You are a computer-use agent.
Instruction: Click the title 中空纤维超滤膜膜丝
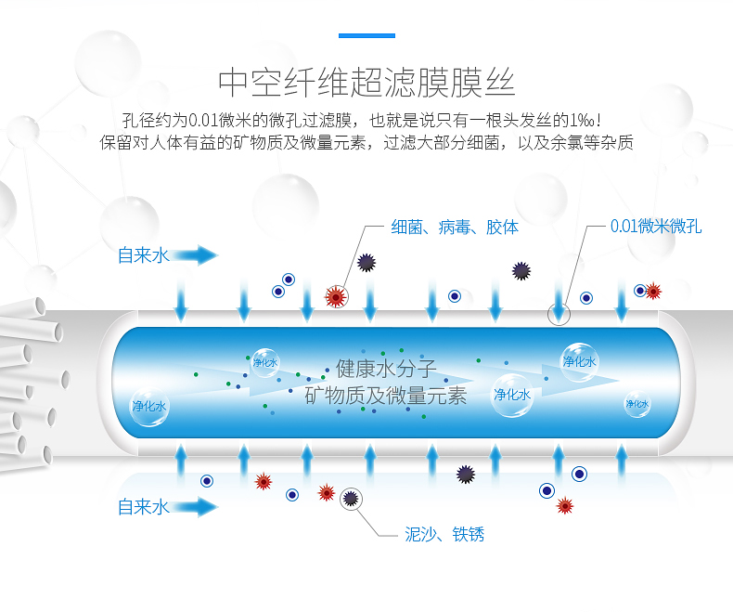click(366, 82)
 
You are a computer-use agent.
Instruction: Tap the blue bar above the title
click(366, 36)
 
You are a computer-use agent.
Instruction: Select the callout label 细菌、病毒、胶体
click(455, 227)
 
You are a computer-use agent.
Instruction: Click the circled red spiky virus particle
click(335, 296)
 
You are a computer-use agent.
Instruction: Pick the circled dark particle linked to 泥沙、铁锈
click(351, 499)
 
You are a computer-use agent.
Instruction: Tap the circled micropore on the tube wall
click(559, 313)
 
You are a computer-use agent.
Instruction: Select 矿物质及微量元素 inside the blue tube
click(386, 396)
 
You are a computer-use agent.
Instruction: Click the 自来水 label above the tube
click(144, 255)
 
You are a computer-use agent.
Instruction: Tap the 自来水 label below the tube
click(144, 507)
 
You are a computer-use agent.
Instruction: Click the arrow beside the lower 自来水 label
click(195, 507)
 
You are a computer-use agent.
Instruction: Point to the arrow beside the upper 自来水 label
click(195, 255)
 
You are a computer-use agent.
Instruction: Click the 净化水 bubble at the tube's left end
click(148, 406)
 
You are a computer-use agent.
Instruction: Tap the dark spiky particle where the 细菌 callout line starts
click(366, 263)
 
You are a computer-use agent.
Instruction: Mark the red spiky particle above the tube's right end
click(653, 291)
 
